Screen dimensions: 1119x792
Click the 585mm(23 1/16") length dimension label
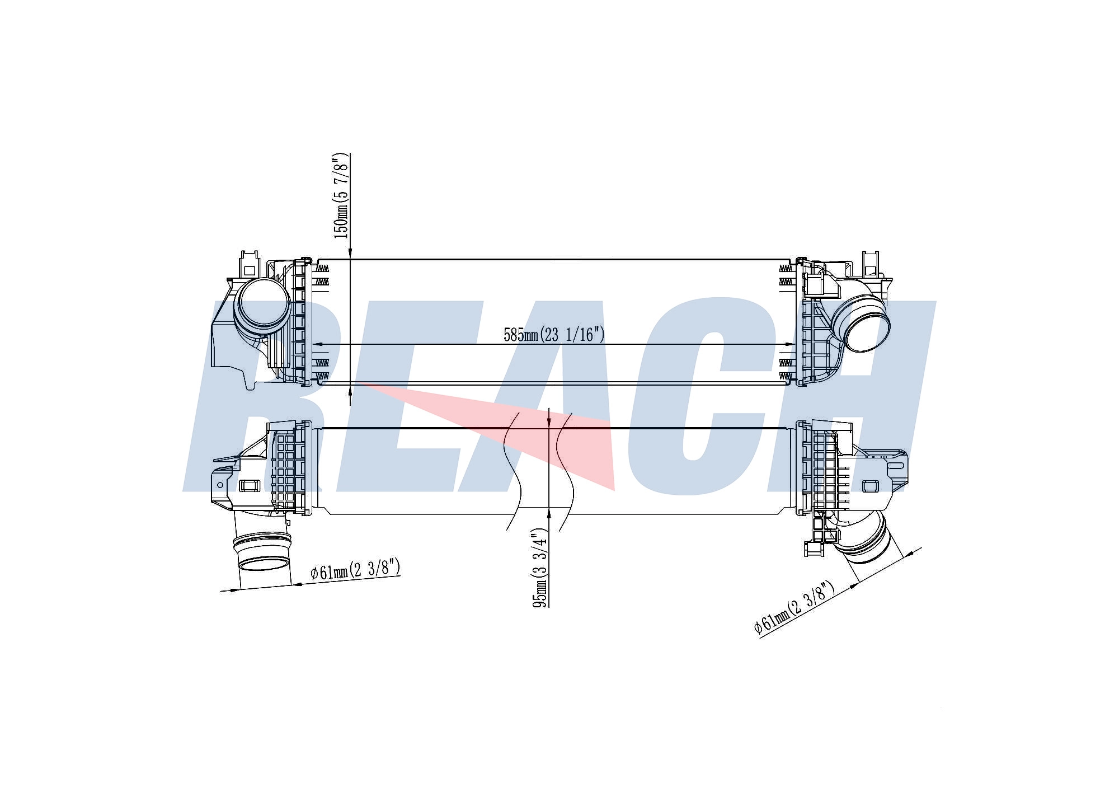point(554,335)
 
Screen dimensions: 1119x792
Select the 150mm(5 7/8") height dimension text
point(341,195)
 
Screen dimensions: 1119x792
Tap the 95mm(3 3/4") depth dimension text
point(540,567)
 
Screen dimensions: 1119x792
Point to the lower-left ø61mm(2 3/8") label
point(355,570)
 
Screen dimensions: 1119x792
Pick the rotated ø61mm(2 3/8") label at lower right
point(794,607)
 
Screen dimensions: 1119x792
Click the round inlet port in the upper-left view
point(262,307)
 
